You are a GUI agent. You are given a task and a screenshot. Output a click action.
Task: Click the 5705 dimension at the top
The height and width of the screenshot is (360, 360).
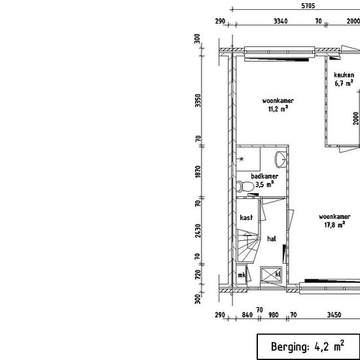coord(308,6)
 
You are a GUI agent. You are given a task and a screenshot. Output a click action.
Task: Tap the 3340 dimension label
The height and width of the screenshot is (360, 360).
coord(281,22)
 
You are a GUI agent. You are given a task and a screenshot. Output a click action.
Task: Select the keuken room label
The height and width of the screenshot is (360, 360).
coord(344,75)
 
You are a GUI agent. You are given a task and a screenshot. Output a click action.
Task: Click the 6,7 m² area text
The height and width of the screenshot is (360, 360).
coord(344,83)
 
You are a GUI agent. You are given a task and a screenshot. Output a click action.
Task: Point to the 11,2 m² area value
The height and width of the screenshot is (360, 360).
coord(278,109)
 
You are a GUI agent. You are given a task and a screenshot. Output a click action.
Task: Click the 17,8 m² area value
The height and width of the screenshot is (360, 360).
coord(334,225)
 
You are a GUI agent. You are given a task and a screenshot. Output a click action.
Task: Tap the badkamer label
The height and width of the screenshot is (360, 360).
coord(264,176)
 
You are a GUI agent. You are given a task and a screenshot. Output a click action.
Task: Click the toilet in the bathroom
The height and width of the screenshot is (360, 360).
coord(245,187)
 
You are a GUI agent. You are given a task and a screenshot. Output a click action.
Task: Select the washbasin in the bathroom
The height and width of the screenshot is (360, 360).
coord(281,159)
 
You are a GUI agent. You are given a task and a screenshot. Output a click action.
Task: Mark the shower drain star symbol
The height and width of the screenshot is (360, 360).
coord(242,159)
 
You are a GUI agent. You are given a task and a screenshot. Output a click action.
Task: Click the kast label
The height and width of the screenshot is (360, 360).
coord(246,217)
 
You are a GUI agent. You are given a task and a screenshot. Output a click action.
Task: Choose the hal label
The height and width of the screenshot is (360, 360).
coord(272,239)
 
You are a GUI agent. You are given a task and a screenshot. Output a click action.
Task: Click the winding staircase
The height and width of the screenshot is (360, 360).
coord(248,245)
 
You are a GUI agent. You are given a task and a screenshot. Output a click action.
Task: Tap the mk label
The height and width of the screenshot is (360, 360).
coord(242,275)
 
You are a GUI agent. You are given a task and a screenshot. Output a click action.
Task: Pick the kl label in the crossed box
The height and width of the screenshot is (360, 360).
coord(278,274)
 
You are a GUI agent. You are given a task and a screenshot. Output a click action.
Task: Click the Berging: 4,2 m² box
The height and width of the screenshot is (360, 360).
coord(308,346)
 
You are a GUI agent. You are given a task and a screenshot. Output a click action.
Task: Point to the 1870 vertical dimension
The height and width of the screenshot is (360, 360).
coord(198,171)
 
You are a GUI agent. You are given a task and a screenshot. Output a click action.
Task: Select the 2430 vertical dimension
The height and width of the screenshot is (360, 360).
coord(198,231)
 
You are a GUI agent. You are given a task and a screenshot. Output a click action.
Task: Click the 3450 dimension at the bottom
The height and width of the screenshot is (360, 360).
coord(334,315)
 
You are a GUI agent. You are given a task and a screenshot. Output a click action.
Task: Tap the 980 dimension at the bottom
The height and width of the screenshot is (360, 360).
coord(274,315)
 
